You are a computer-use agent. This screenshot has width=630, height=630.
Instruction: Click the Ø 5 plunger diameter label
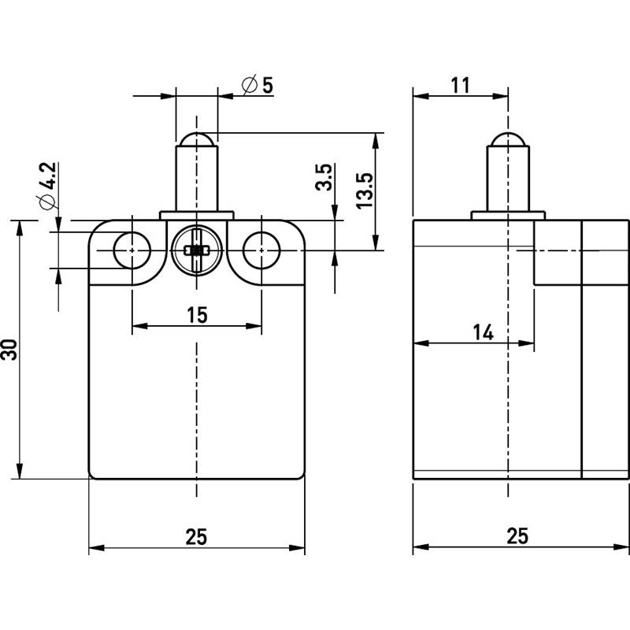pyautogui.click(x=258, y=85)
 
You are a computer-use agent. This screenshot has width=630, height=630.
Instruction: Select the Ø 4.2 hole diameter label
pyautogui.click(x=47, y=186)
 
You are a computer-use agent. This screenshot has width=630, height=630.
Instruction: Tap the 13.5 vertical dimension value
pyautogui.click(x=365, y=191)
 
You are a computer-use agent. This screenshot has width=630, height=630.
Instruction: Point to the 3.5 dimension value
pyautogui.click(x=324, y=176)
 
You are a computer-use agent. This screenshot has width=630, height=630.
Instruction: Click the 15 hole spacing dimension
pyautogui.click(x=197, y=314)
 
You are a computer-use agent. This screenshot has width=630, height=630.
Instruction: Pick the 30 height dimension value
pyautogui.click(x=9, y=350)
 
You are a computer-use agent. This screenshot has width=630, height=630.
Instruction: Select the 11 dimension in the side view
pyautogui.click(x=460, y=85)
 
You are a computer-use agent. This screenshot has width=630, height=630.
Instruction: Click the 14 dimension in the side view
pyautogui.click(x=483, y=332)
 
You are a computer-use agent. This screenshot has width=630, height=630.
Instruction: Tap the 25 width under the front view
pyautogui.click(x=196, y=537)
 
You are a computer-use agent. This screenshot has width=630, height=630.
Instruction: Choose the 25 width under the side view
pyautogui.click(x=517, y=536)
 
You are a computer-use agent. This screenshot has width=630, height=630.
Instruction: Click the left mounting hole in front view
pyautogui.click(x=132, y=250)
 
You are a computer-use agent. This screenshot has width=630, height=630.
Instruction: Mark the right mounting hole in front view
pyautogui.click(x=261, y=250)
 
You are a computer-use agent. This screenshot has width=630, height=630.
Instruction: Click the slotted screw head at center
pyautogui.click(x=196, y=250)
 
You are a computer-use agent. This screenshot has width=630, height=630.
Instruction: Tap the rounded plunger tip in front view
pyautogui.click(x=196, y=139)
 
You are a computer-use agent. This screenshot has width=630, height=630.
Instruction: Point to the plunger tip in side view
pyautogui.click(x=508, y=139)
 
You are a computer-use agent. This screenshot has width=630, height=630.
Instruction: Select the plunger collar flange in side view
pyautogui.click(x=508, y=215)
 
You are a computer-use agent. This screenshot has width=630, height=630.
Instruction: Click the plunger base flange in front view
pyautogui.click(x=196, y=215)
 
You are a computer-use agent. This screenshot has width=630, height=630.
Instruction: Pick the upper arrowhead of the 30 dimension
pyautogui.click(x=19, y=228)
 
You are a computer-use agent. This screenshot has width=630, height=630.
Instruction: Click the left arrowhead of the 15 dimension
pyautogui.click(x=140, y=326)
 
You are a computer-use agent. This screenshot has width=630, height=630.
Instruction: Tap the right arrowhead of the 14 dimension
pyautogui.click(x=526, y=343)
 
